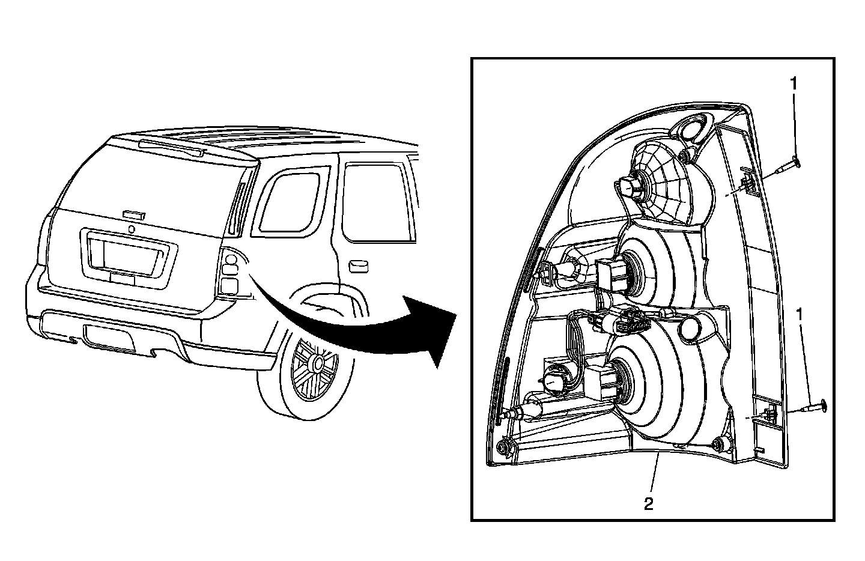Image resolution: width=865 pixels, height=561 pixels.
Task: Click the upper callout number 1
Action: [x=794, y=84]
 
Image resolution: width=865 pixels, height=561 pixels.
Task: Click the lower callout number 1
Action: [x=799, y=314]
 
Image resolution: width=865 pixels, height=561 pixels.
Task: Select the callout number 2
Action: [x=649, y=503]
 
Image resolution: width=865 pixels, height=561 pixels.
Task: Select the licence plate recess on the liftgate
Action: [x=128, y=252]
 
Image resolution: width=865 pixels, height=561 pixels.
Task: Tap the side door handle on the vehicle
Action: [x=359, y=264]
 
